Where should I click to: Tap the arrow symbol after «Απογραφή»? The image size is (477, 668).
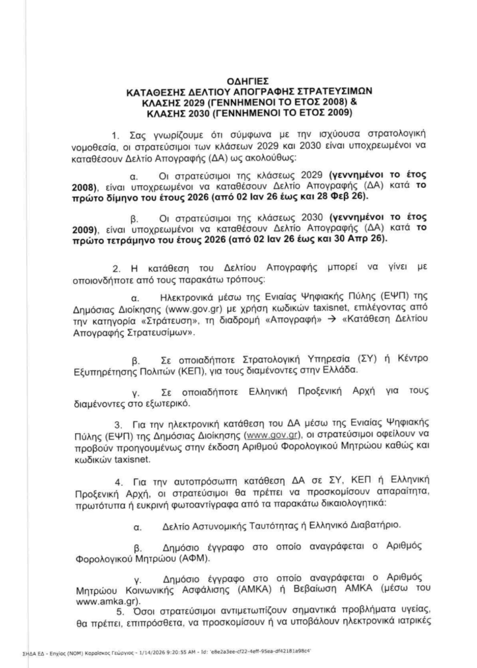point(330,322)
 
